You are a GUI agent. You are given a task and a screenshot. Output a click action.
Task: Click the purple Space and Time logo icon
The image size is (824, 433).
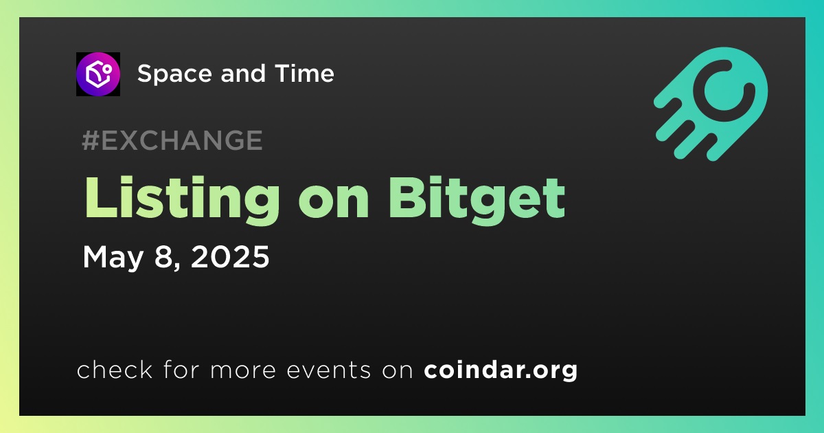98,74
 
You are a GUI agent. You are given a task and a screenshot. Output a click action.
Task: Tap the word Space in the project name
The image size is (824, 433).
174,74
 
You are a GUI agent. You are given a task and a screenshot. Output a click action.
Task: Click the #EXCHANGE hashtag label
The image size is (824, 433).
172,140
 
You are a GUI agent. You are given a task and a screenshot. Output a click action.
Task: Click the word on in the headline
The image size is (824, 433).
334,203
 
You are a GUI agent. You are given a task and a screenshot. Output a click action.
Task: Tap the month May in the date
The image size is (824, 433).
113,257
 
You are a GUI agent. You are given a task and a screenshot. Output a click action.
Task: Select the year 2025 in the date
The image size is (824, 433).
230,256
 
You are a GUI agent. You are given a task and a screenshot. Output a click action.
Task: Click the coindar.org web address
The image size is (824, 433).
501,370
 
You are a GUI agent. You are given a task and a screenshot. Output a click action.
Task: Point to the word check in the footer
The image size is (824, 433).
115,369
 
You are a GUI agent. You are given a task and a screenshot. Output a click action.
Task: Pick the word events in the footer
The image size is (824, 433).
328,370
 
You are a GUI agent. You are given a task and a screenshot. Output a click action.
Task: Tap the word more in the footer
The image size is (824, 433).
243,370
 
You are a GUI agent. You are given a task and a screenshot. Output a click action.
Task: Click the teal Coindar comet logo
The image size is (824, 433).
711,104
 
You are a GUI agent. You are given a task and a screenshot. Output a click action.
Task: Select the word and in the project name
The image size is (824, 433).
243,73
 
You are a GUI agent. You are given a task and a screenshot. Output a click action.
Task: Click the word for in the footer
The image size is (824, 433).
181,369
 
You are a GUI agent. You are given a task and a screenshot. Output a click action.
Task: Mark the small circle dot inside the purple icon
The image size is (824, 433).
107,69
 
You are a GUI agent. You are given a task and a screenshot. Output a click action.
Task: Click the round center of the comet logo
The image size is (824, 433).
724,91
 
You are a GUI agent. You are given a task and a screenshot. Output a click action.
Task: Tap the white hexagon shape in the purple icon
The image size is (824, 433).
96,76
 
